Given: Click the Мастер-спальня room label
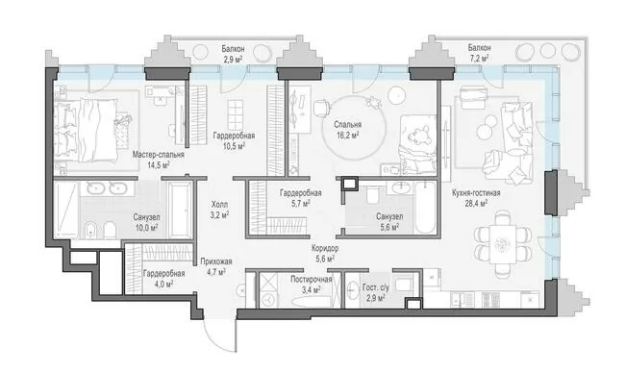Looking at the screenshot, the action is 159,155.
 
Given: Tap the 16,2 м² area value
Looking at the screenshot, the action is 348,135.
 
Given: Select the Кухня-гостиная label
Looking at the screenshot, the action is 476,193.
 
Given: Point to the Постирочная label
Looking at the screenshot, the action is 311,279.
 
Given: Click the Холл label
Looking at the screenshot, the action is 219,205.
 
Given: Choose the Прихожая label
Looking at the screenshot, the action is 216,261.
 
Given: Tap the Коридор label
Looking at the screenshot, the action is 325,249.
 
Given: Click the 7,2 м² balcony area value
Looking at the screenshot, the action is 479,58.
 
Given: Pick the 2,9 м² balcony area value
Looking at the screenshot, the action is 233,60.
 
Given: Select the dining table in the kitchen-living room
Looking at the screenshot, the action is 503,243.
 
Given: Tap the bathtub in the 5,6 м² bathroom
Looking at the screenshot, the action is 425,208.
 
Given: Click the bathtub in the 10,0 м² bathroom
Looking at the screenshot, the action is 179,210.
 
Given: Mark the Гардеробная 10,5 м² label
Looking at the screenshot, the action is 234,141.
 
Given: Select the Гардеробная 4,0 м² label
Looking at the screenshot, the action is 163,279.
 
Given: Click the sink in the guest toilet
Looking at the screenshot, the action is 352,289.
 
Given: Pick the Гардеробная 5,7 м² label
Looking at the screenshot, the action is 301,198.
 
